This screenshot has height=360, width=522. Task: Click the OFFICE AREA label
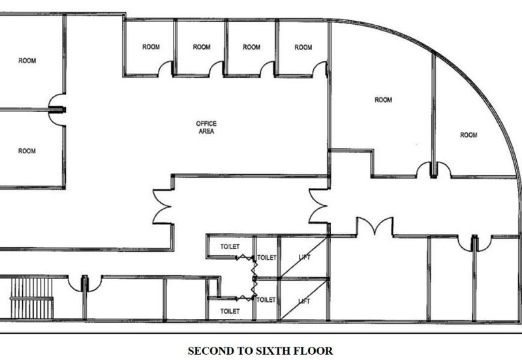coord(206,127)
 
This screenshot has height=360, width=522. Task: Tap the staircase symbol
coord(31,298)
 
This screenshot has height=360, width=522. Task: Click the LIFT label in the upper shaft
coord(304,257)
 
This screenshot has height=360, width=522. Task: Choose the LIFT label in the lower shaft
coord(304,301)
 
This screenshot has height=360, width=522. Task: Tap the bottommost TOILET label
coord(230,312)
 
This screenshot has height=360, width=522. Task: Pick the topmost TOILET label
coord(230,247)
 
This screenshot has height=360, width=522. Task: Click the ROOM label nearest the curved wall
coord(468,135)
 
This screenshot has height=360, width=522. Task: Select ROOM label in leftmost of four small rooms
coord(151,47)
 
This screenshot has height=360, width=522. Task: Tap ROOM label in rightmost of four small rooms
coord(303,48)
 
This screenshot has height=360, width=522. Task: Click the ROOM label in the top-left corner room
coord(27,61)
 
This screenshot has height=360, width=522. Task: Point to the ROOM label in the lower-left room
coord(27,151)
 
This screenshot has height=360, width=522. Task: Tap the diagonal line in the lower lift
coord(304,301)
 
